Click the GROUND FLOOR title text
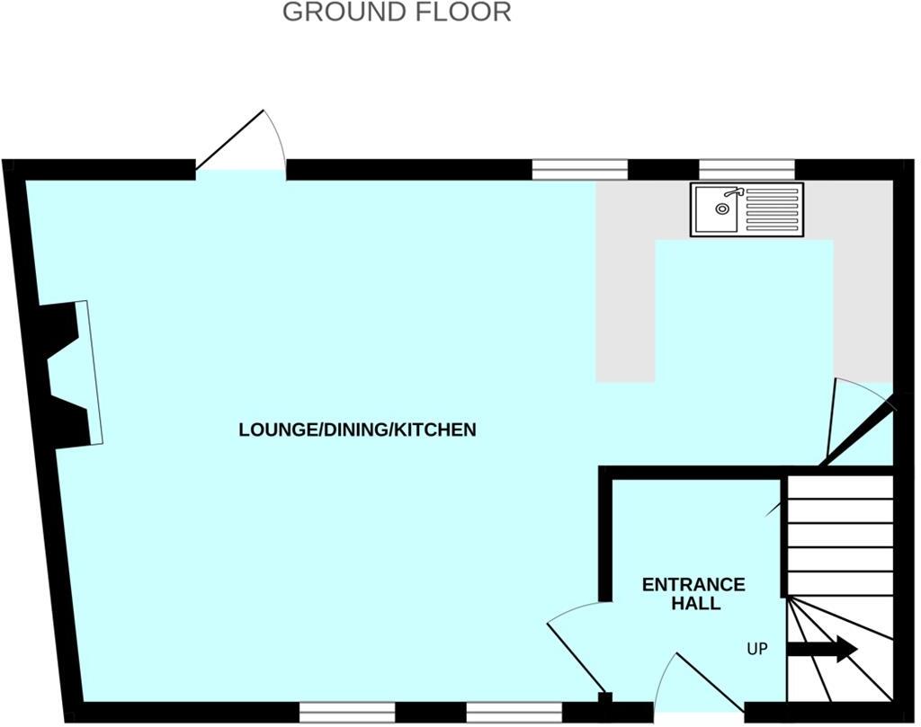click(397, 13)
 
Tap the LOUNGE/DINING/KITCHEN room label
click(357, 430)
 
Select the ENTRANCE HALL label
click(693, 594)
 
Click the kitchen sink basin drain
click(721, 208)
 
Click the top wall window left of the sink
click(579, 170)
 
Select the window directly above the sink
click(747, 170)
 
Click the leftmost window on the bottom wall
click(347, 713)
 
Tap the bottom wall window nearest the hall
click(514, 713)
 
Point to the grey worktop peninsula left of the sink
click(626, 306)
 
